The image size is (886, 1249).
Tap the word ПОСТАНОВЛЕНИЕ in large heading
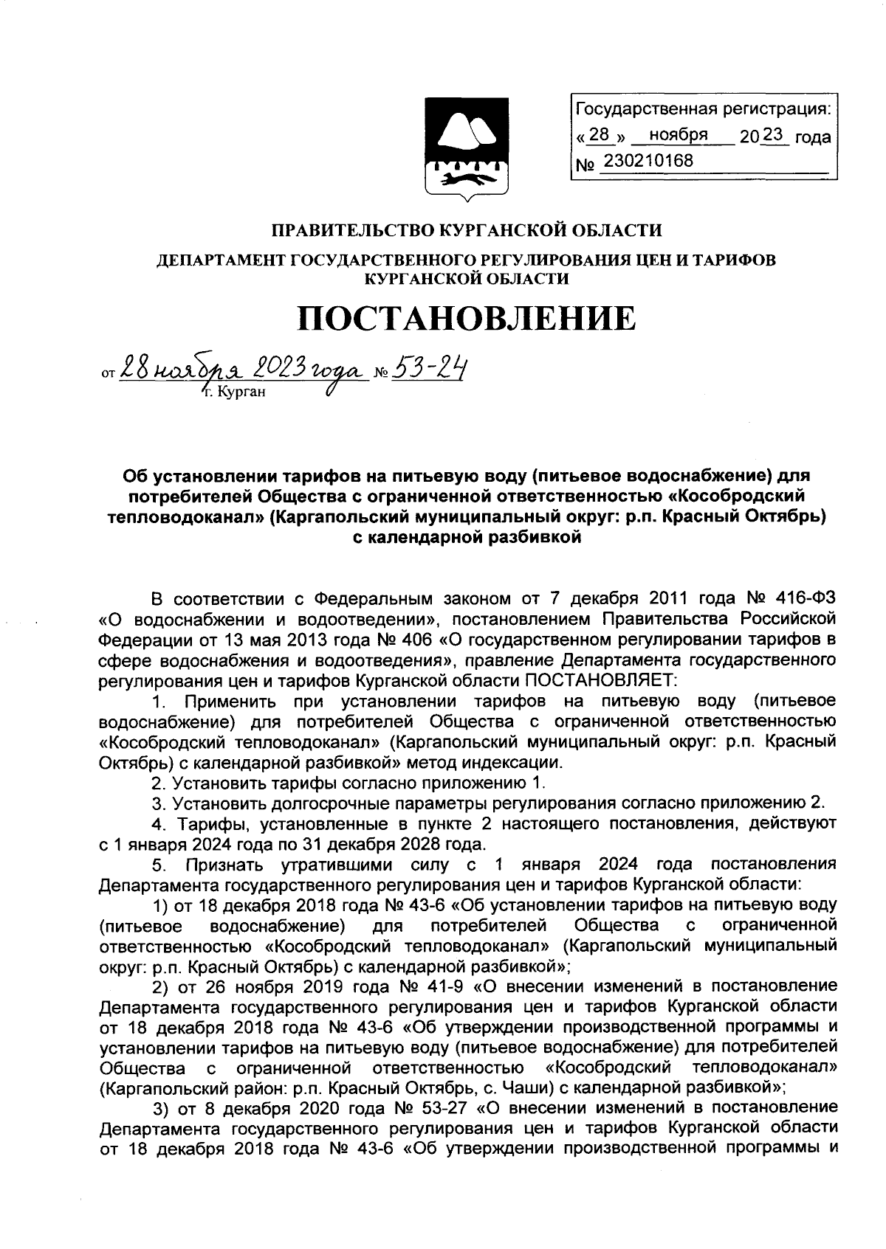(x=466, y=319)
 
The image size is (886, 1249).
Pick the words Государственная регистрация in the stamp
(x=702, y=111)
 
